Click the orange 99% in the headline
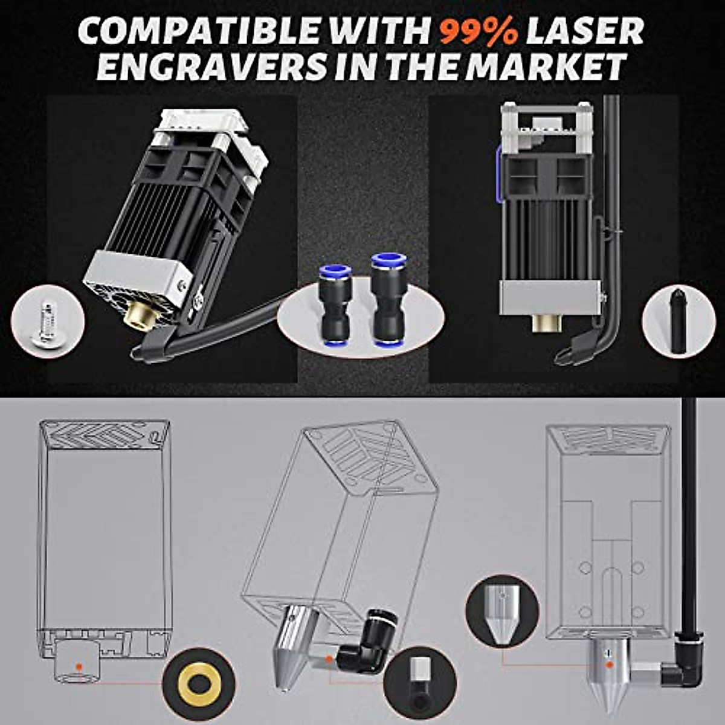coord(478,31)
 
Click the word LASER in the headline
coord(585,31)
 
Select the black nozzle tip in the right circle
coord(677,321)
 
